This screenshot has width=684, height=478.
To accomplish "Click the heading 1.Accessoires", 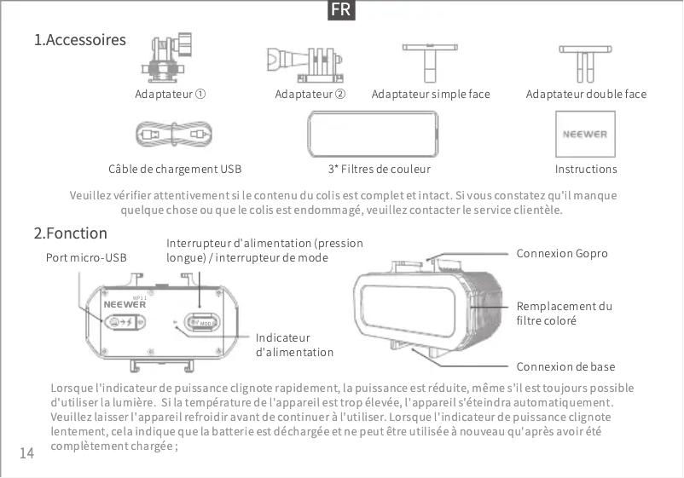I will point(79,40).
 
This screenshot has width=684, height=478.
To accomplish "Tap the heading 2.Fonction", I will point(70,233).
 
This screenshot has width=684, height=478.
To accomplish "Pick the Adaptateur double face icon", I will point(586,61).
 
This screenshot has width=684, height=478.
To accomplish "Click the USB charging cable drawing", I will point(173,134).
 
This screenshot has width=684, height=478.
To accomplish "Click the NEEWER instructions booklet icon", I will point(585,134).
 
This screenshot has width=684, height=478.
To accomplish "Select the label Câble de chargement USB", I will point(170,170).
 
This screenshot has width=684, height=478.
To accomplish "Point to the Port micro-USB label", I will point(85,257).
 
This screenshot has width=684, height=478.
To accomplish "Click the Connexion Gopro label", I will point(562,254).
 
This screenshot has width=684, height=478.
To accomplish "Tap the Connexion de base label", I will point(565,367).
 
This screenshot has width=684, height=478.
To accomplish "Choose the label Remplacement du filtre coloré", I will point(564,314).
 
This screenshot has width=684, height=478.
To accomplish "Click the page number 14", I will point(26,453).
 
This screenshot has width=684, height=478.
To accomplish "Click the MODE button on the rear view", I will point(201,323).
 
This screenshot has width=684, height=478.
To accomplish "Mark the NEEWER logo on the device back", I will point(125,303).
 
